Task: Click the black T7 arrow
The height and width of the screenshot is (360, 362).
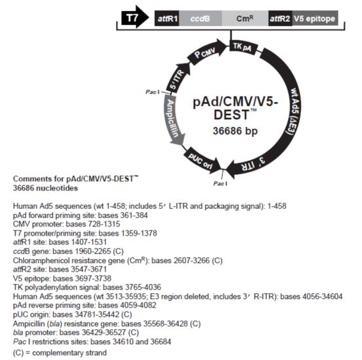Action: pos(135,18)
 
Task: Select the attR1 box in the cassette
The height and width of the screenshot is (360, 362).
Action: pos(167,18)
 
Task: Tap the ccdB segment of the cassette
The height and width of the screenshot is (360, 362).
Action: pos(200,18)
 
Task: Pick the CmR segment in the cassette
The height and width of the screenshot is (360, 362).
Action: pos(245,18)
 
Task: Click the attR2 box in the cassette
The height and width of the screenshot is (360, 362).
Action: pos(280,18)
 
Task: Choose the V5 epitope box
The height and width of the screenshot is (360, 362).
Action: pos(315,18)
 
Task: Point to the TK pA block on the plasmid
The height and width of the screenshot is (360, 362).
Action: pos(242,47)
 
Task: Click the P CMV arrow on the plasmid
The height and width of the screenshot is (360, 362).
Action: pos(206,52)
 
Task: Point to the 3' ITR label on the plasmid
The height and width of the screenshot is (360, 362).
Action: pos(253,164)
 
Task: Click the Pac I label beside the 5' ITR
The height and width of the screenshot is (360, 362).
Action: pos(153,92)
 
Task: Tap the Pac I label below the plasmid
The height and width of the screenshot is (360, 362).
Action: pos(220,183)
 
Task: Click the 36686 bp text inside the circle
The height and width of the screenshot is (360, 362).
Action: pos(235,131)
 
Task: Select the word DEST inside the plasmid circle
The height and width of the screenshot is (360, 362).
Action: pos(232,115)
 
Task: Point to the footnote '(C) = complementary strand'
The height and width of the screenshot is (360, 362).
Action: pos(60,353)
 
